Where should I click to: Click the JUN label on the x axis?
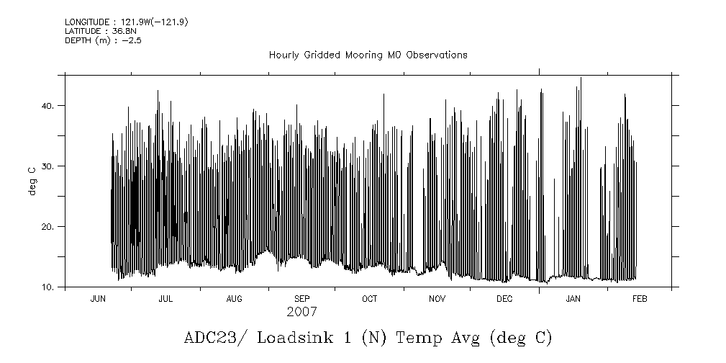pyautogui.click(x=99, y=299)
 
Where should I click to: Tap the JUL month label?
pyautogui.click(x=165, y=299)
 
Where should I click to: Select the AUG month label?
pyautogui.click(x=235, y=299)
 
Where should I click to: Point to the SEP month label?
pyautogui.click(x=302, y=299)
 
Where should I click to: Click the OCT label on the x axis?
pyautogui.click(x=370, y=299)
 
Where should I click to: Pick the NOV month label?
pyautogui.click(x=437, y=299)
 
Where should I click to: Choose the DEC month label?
pyautogui.click(x=504, y=299)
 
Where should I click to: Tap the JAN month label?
pyautogui.click(x=573, y=299)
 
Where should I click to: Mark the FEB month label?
pyautogui.click(x=639, y=299)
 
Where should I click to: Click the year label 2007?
pyautogui.click(x=301, y=313)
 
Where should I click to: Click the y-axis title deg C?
pyautogui.click(x=32, y=182)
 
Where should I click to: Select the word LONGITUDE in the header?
pyautogui.click(x=88, y=22)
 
